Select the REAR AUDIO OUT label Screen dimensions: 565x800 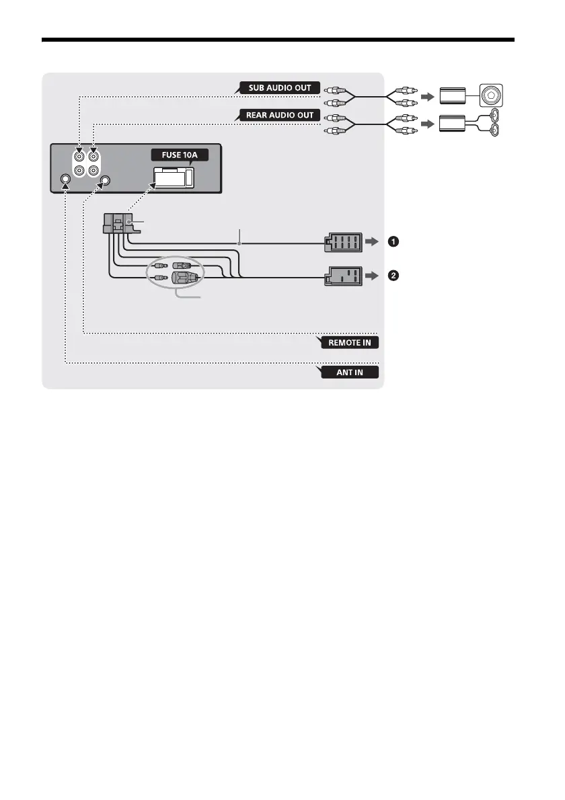277,115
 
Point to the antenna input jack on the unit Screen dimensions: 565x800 65,180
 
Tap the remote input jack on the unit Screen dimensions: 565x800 105,180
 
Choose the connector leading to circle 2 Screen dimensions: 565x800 343,276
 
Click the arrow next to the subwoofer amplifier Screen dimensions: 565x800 426,96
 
